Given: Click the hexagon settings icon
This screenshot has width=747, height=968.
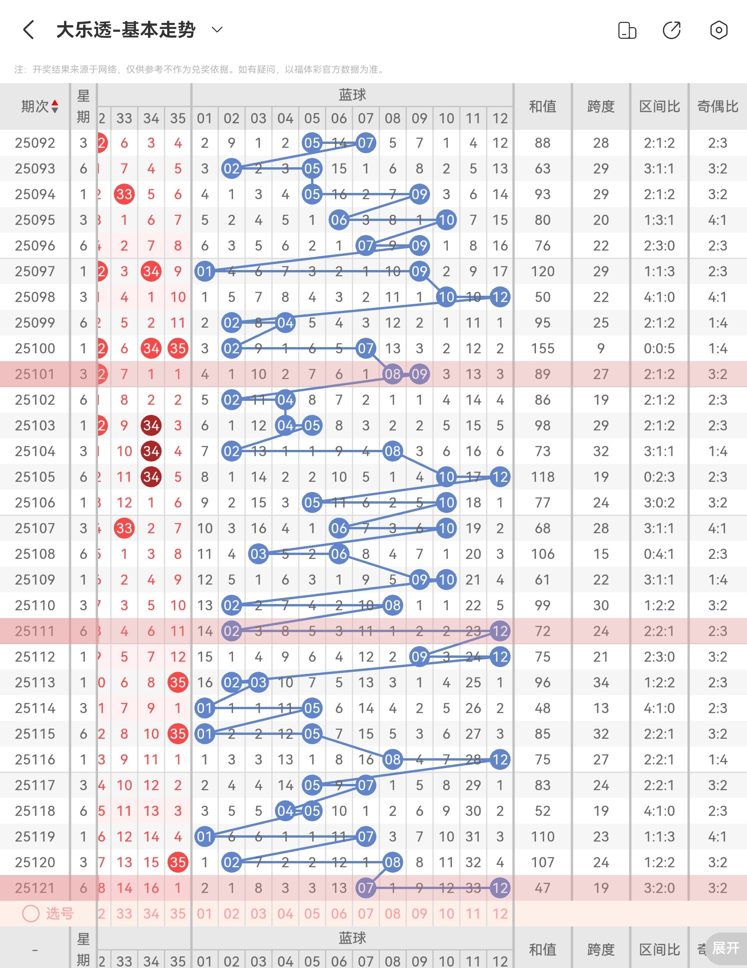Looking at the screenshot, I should [719, 30].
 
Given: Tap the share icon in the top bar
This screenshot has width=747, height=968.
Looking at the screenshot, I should [671, 30].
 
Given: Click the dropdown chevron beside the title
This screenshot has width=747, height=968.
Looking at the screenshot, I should [217, 30].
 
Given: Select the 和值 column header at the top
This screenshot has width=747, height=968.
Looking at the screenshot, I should [542, 107].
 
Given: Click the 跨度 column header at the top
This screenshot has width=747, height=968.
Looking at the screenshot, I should [600, 107].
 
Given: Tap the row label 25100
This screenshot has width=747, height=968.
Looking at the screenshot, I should [35, 349].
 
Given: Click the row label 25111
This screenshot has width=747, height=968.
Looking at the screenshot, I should [35, 631].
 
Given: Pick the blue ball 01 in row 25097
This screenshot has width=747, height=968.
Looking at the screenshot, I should [204, 271].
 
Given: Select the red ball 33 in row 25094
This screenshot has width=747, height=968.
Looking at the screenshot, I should [124, 194].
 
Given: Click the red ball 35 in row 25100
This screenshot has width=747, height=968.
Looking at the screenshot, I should [178, 349].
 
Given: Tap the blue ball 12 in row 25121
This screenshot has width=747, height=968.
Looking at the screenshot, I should [500, 888].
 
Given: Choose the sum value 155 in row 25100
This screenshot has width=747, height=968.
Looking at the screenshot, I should [542, 349].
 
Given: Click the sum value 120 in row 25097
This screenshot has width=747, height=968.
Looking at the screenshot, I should [542, 271].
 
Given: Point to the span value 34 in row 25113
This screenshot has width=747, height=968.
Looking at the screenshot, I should [600, 683].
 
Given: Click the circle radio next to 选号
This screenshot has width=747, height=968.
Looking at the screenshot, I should [31, 914].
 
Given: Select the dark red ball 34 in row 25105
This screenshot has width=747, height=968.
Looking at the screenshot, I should [151, 477].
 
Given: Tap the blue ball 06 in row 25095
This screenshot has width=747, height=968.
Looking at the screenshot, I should [339, 220].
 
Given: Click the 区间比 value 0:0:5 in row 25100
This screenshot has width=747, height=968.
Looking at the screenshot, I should [659, 349].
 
